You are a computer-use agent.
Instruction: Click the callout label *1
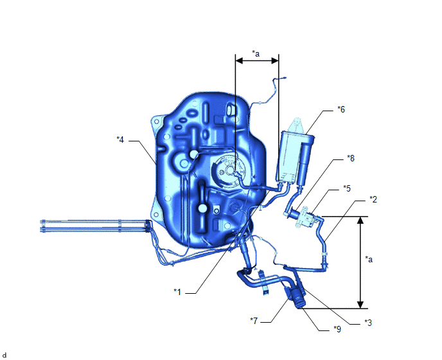coord(177,292)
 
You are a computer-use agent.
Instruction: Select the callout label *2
coord(373,199)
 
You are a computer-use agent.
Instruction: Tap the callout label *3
coord(368,323)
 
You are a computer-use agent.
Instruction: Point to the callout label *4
coord(120,139)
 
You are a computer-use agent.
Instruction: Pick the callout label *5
coord(347,188)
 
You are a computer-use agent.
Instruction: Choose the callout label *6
coord(341,109)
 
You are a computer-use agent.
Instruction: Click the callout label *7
coord(254,321)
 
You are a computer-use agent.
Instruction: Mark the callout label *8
coord(351,158)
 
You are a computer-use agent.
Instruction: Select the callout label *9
coord(337,329)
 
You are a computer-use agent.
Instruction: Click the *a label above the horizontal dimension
coord(256,53)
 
